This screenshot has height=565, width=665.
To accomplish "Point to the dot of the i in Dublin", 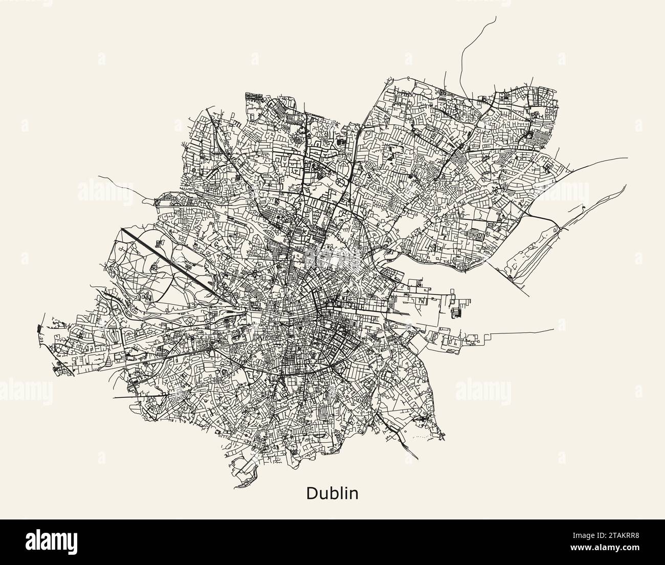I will point(347,488).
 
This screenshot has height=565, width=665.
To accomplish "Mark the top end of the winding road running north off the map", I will point(495,16).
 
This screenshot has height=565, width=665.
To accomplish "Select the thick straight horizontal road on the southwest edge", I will point(141,396).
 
